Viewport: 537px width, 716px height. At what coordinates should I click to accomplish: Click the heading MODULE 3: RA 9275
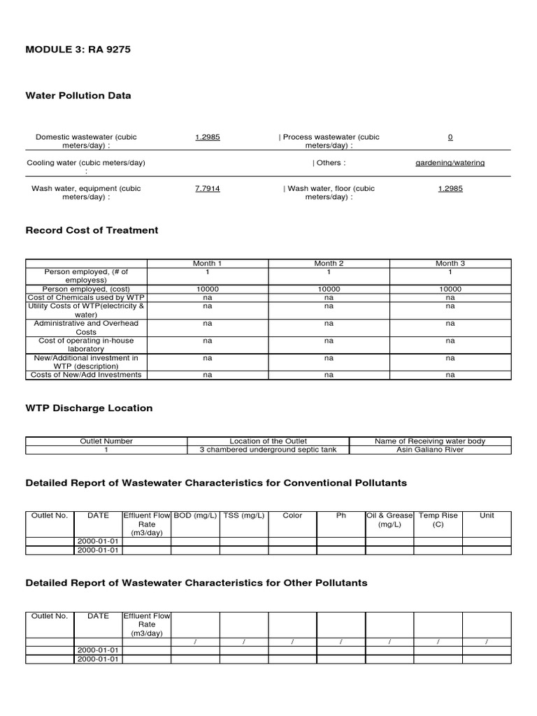78,50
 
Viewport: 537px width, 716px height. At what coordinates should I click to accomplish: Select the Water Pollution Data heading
78,95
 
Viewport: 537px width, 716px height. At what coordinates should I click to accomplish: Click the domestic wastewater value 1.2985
208,137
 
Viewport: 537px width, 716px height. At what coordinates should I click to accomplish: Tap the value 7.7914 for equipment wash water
208,189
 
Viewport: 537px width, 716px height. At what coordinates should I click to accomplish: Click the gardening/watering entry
450,163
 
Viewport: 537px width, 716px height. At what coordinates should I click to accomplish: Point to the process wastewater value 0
450,137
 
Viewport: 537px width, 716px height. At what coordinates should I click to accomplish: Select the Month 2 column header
329,264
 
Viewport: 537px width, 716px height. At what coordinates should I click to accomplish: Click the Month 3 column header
450,264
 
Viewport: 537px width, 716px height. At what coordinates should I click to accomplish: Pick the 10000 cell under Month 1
208,289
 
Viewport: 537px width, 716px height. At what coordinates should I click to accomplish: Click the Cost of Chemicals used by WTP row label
86,297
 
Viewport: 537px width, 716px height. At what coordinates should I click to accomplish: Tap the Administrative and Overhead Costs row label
86,328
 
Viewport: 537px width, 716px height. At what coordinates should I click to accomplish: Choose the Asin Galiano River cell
430,450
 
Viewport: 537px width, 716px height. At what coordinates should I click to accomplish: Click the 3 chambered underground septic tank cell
268,450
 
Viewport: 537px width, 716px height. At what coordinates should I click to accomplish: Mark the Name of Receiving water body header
430,441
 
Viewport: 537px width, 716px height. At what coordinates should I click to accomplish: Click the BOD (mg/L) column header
196,515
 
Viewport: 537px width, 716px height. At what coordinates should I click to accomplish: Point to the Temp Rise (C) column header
438,520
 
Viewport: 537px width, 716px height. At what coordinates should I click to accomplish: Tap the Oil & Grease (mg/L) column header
389,520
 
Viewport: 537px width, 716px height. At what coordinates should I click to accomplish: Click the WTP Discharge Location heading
89,408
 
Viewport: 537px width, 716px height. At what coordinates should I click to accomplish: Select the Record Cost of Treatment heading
92,230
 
